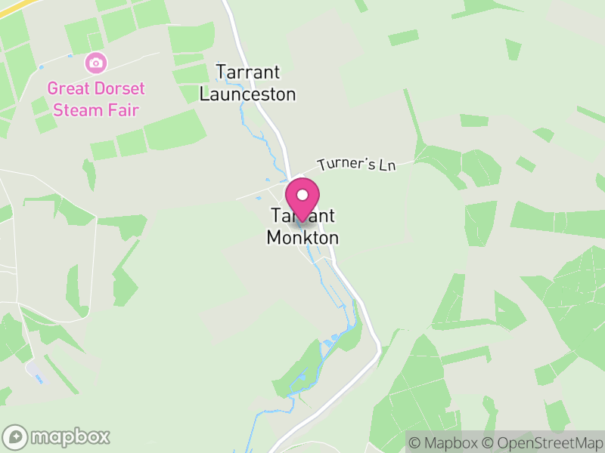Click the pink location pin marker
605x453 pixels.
coord(302,198)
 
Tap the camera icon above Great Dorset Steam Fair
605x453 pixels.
coord(96,61)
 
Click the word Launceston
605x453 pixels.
coord(247,95)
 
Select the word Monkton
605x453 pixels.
coord(302,238)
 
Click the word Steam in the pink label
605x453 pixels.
coord(80,110)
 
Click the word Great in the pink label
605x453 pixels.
coord(67,88)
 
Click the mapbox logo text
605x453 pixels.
coord(70,436)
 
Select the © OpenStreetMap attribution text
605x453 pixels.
coord(544,442)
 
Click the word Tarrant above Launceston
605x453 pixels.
coord(248,72)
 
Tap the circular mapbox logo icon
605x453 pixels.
coord(16,436)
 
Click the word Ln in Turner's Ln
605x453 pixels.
coord(387,164)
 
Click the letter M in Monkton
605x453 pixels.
coord(275,238)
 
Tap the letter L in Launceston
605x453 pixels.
coord(204,95)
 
